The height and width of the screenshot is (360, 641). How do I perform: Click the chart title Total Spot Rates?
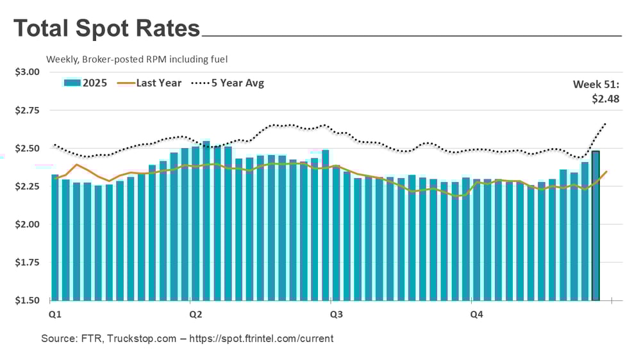coord(106,29)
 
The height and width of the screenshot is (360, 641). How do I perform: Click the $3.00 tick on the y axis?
coord(27,72)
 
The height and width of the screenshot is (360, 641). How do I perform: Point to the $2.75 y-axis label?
coord(27,110)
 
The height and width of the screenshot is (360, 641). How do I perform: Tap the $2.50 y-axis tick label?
coord(27,148)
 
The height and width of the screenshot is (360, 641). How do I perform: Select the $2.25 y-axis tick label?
coord(27,186)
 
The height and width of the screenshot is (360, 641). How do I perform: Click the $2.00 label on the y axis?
coord(27,224)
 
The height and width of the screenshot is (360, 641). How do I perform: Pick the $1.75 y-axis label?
coord(27,263)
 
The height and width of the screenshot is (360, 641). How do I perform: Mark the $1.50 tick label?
coord(27,300)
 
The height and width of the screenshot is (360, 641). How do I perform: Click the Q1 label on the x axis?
coord(55,315)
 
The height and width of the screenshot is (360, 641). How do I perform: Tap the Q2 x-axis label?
coord(196,315)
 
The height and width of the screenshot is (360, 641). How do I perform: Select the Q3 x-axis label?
coord(335,315)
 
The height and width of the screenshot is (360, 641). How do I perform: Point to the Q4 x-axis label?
coord(476,315)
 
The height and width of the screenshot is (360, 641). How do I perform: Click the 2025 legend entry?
coord(86,83)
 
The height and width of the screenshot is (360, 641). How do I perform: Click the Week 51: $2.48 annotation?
coord(596,91)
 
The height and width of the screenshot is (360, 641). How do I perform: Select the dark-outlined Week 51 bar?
coord(595,231)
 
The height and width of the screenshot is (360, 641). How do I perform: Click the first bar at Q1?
coord(55,237)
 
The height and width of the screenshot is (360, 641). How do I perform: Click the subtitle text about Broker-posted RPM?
coord(137,60)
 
